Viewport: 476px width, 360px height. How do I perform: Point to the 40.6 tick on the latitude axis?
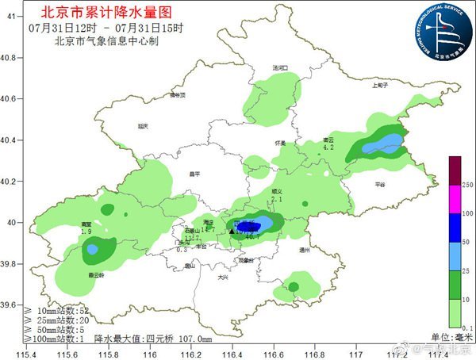pos(10,99)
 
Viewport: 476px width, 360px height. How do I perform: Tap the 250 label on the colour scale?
pos(468,184)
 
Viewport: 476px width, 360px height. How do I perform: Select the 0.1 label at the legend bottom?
pos(468,327)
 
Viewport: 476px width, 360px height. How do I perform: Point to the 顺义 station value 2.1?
pos(277,199)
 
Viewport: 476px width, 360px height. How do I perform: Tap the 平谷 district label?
pos(379,184)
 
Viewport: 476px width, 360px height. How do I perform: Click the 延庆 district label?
pos(143,125)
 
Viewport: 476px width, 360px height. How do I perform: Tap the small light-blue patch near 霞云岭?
pos(92,249)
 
